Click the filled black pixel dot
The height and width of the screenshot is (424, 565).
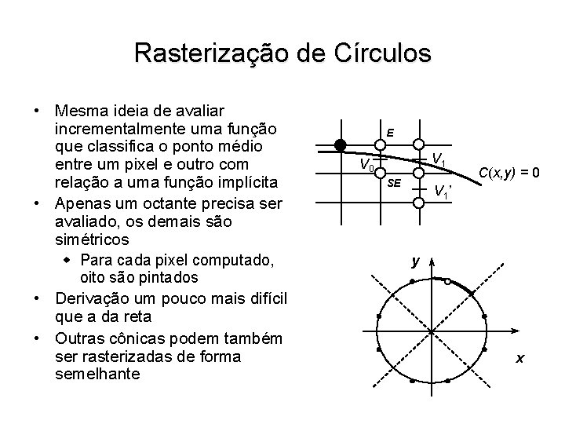coord(340,145)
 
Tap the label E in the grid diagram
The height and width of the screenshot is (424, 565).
coord(391,131)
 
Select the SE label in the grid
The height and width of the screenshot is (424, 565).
coord(395,183)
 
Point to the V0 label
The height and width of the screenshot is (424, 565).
coord(364,165)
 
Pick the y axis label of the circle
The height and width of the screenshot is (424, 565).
coord(416,262)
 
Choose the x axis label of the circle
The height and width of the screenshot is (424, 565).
coord(519,359)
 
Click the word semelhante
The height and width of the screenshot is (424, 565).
coord(97,375)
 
